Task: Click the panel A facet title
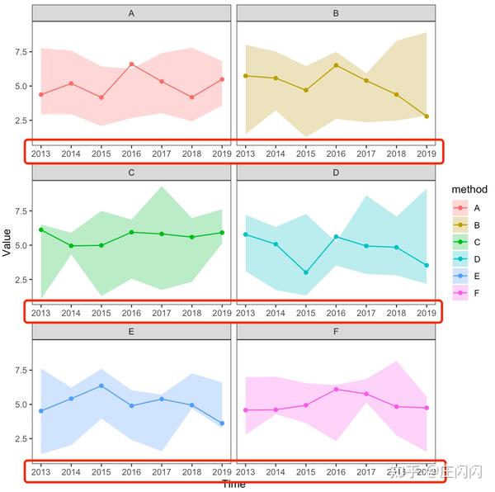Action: (x=132, y=13)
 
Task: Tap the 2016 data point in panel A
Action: (x=132, y=64)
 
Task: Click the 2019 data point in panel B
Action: (x=427, y=116)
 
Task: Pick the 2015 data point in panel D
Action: (x=306, y=272)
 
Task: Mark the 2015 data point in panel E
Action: (x=101, y=386)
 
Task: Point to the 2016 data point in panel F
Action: (x=336, y=389)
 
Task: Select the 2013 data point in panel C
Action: (x=41, y=229)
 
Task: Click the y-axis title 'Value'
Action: (x=8, y=243)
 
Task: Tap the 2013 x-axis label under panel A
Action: (x=41, y=153)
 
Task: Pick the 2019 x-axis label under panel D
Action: (x=427, y=312)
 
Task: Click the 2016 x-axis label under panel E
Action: (x=132, y=471)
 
